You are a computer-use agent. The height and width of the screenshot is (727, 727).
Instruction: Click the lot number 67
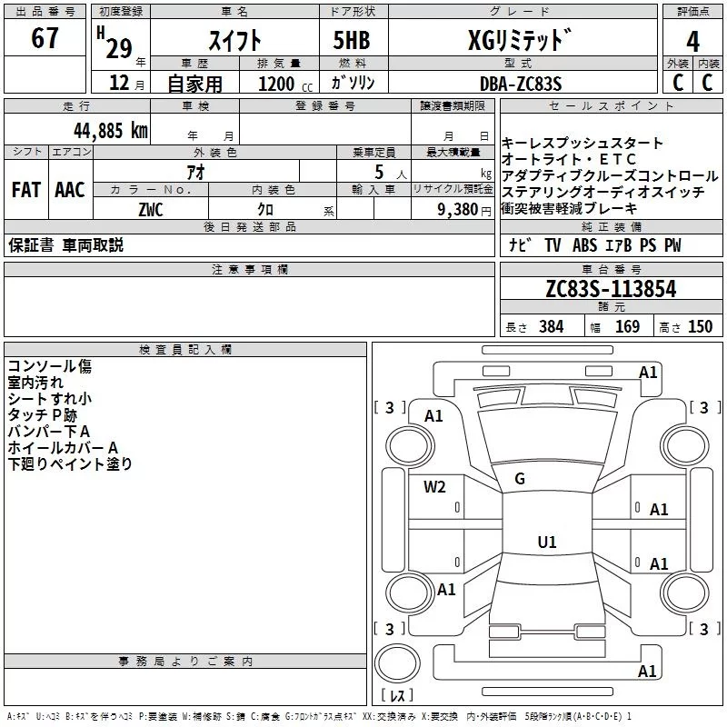click(x=45, y=38)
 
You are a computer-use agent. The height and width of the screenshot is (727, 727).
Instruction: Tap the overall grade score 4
click(x=692, y=42)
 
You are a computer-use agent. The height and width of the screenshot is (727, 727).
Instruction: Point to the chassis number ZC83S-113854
click(x=611, y=290)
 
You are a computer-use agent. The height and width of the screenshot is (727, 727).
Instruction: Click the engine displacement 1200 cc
click(x=276, y=84)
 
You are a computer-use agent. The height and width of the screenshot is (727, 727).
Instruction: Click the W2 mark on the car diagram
click(x=434, y=487)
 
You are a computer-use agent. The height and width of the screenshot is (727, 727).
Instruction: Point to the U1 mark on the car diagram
click(x=546, y=542)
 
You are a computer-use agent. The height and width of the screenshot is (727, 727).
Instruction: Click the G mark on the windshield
click(x=520, y=479)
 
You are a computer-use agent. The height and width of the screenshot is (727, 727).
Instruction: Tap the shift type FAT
click(x=25, y=190)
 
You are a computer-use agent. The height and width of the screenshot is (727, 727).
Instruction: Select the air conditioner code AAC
click(x=70, y=190)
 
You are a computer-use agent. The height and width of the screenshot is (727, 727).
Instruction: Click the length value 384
click(x=551, y=327)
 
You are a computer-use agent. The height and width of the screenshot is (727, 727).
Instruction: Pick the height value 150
click(x=700, y=327)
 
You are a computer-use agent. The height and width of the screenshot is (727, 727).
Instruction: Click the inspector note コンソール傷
click(x=49, y=366)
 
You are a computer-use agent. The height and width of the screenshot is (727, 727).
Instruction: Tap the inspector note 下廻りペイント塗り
click(x=70, y=463)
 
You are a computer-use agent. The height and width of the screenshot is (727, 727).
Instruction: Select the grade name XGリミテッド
click(x=519, y=41)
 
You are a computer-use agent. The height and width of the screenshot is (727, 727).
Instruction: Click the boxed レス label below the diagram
click(x=396, y=696)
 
